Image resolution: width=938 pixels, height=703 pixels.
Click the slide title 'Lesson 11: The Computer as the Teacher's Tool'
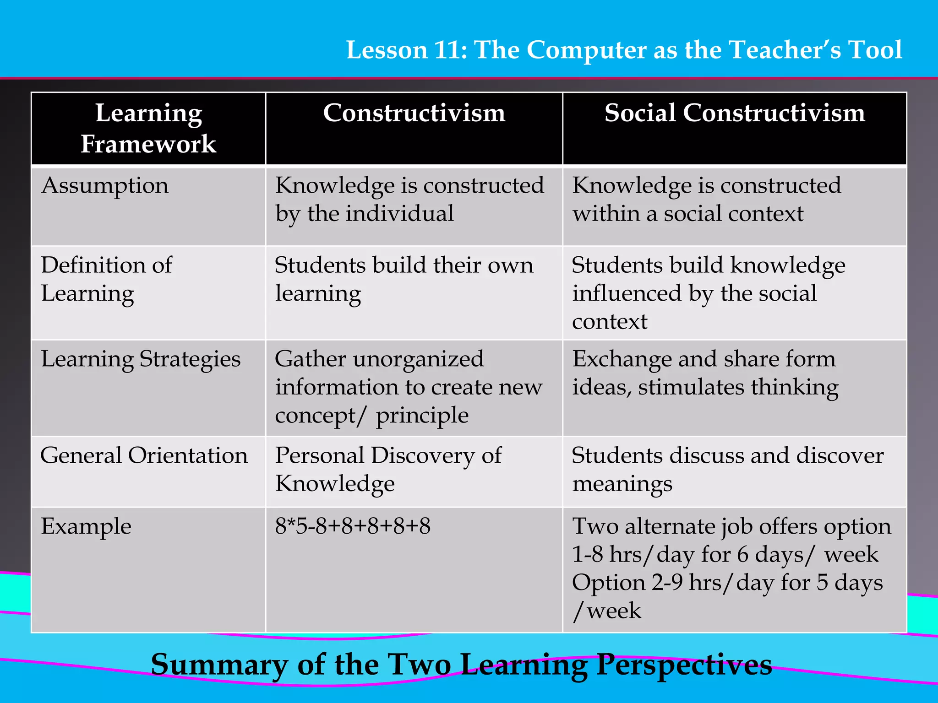pyautogui.click(x=624, y=49)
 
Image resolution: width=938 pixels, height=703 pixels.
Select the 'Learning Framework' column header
pyautogui.click(x=148, y=128)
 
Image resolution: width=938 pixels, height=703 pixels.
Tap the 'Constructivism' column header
pyautogui.click(x=414, y=113)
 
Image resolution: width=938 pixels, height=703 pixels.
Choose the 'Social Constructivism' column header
pyautogui.click(x=735, y=113)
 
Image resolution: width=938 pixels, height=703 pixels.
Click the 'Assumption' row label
pyautogui.click(x=105, y=186)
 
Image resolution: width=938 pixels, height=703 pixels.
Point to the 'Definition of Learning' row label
pyautogui.click(x=106, y=279)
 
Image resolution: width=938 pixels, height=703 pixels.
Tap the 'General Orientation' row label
pyautogui.click(x=144, y=456)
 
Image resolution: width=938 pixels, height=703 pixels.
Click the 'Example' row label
pyautogui.click(x=86, y=526)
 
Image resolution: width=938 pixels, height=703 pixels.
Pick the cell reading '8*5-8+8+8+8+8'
pyautogui.click(x=353, y=526)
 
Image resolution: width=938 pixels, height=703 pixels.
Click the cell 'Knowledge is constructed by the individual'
pyautogui.click(x=409, y=200)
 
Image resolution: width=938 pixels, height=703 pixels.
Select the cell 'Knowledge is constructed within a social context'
pyautogui.click(x=706, y=200)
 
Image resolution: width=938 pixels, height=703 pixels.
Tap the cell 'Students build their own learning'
pyautogui.click(x=404, y=279)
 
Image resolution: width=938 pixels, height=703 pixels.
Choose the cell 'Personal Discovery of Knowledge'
pyautogui.click(x=388, y=470)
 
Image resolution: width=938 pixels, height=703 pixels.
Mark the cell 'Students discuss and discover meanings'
pyautogui.click(x=727, y=470)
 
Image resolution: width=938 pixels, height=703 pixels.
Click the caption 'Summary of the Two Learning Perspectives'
pyautogui.click(x=461, y=665)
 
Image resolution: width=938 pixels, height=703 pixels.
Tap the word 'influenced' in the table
pyautogui.click(x=627, y=293)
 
